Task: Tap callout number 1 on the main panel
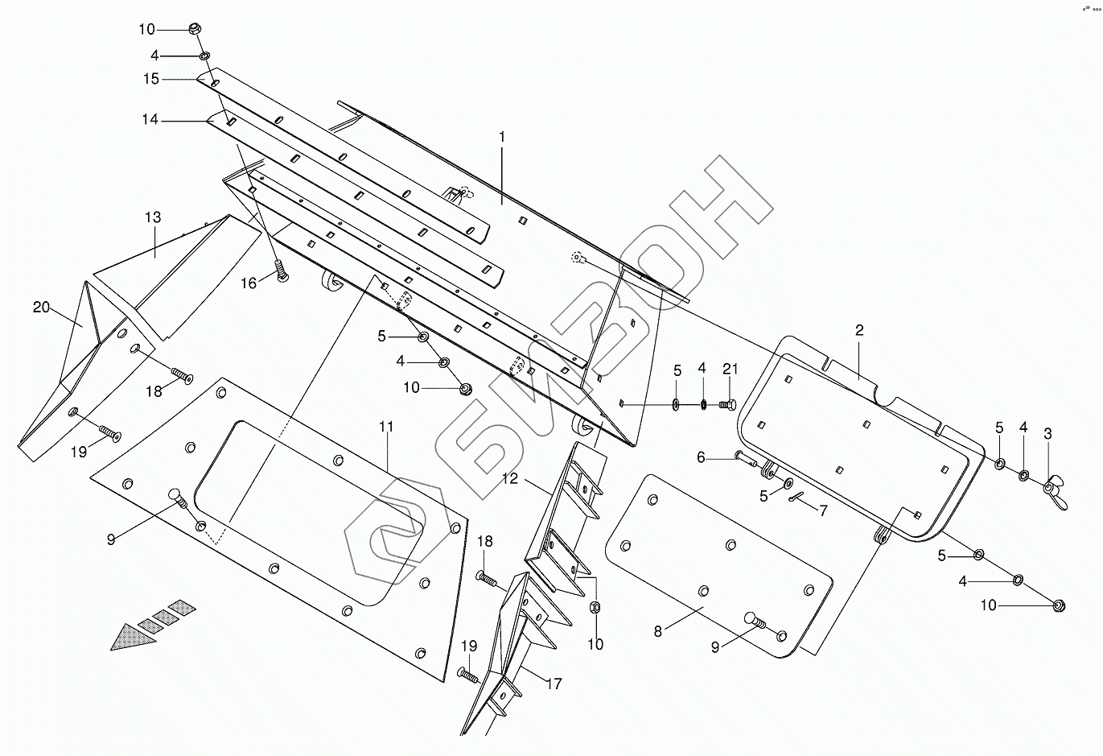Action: [502, 137]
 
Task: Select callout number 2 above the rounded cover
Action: [859, 330]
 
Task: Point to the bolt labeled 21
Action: [726, 403]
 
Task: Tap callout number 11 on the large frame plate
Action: [387, 427]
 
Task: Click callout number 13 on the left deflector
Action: [153, 217]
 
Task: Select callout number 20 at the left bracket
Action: [41, 307]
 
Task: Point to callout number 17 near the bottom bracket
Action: [554, 684]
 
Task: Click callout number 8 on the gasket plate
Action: [658, 631]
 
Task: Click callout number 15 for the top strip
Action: [152, 79]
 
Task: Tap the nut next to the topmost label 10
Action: [194, 29]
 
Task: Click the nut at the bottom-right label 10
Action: [1060, 605]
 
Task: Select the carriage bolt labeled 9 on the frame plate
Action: [177, 496]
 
